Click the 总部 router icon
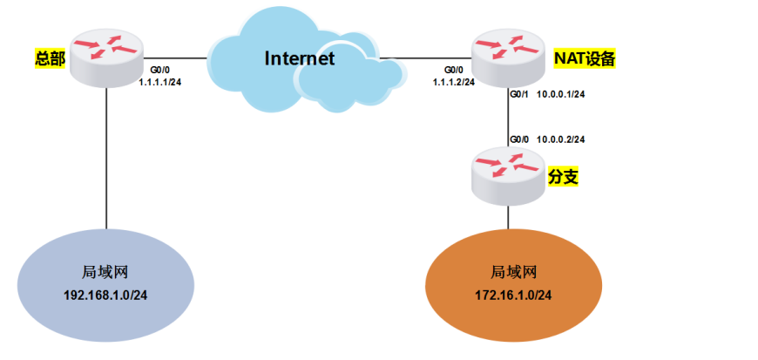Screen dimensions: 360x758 pos(106,59)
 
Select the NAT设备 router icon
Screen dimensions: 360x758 pos(507,58)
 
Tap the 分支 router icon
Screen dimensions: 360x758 pos(507,176)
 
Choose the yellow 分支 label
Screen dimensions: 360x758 pos(563,177)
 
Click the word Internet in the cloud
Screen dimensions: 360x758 pos(300,59)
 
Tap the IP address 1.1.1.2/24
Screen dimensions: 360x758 pos(453,82)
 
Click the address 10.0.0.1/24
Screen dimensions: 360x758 pos(560,94)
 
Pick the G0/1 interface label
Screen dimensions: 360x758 pos(519,94)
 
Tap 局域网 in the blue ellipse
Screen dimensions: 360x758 pos(105,272)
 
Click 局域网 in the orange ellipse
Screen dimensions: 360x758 pos(513,272)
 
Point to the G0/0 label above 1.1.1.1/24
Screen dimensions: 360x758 pos(160,69)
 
